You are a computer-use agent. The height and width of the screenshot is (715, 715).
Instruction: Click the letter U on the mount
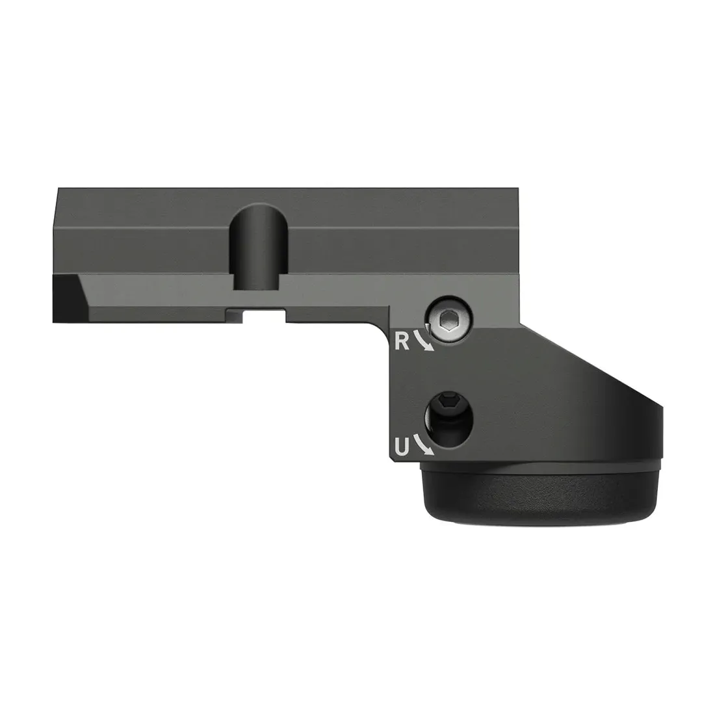(402, 447)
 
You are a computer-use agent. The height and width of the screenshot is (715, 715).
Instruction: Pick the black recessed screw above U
(450, 417)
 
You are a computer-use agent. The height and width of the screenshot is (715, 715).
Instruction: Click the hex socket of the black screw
(448, 404)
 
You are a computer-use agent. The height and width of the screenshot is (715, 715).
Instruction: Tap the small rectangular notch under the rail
(265, 315)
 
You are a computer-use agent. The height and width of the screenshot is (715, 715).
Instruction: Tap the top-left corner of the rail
(59, 190)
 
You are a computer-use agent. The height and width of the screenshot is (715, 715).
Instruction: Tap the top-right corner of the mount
(518, 190)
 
